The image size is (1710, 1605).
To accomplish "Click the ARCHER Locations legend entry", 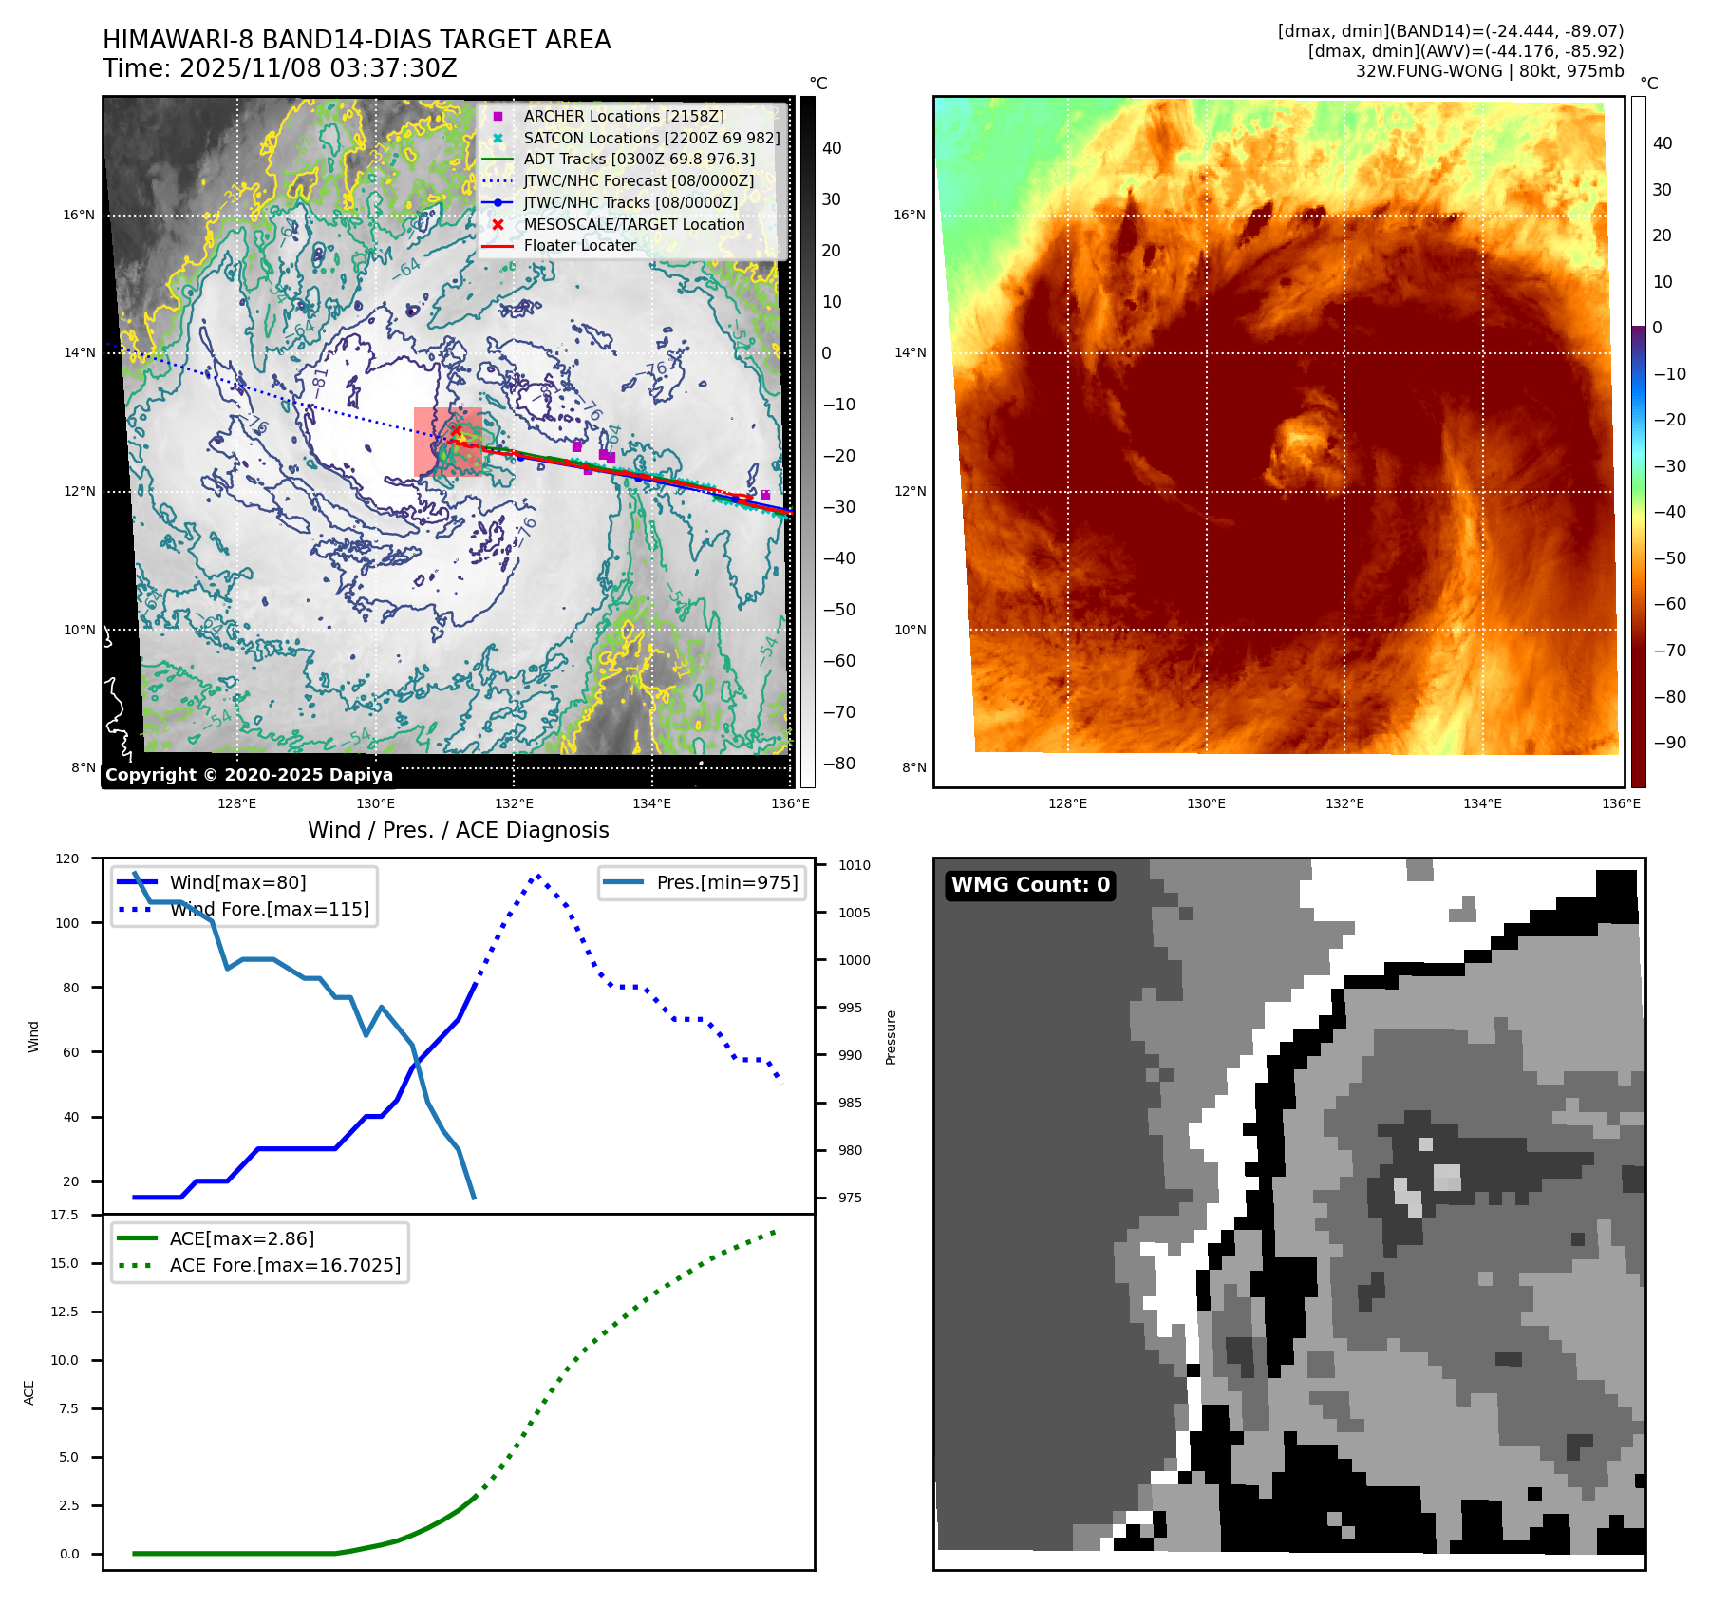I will pyautogui.click(x=623, y=116).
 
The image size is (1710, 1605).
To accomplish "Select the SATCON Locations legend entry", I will pyautogui.click(x=651, y=138).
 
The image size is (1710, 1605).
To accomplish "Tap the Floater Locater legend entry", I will pyautogui.click(x=579, y=245).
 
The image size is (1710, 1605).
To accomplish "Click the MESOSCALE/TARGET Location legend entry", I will pyautogui.click(x=633, y=224).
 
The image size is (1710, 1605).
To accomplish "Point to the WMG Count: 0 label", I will pyautogui.click(x=1030, y=885).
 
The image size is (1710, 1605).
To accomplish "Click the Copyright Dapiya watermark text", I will pyautogui.click(x=249, y=775).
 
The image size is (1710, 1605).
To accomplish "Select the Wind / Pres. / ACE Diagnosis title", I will pyautogui.click(x=458, y=830).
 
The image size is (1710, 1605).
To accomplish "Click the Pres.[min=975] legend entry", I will pyautogui.click(x=727, y=882).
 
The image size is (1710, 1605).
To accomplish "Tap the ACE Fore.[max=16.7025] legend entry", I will pyautogui.click(x=285, y=1265).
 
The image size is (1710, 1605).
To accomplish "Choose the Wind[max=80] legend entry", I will pyautogui.click(x=237, y=882).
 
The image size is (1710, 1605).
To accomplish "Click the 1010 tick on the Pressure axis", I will pyautogui.click(x=854, y=865).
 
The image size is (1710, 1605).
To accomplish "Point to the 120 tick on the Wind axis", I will pyautogui.click(x=67, y=859).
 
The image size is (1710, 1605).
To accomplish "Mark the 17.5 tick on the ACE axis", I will pyautogui.click(x=65, y=1215).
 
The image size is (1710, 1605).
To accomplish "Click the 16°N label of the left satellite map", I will pyautogui.click(x=79, y=215).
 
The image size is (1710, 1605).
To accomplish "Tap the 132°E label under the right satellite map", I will pyautogui.click(x=1344, y=803).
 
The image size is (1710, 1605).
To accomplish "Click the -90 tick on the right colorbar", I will pyautogui.click(x=1669, y=743).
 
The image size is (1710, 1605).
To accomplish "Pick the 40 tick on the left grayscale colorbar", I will pyautogui.click(x=832, y=147).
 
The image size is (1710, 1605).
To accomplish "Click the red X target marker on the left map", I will pyautogui.click(x=456, y=431).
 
